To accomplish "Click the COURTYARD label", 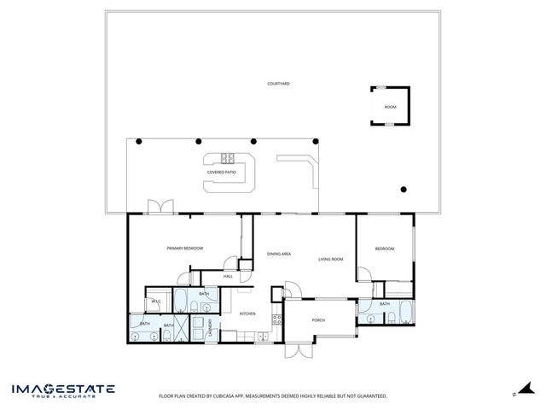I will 278,84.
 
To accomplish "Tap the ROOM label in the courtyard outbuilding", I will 390,107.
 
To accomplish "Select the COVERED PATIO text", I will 222,172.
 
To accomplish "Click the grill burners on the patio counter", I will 228,157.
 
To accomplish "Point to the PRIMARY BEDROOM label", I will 185,248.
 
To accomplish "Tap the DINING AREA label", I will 279,254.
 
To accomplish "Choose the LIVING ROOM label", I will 331,259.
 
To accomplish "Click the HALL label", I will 228,276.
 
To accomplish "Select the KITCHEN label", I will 247,313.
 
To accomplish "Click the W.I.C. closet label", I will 156,302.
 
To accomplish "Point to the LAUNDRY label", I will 209,328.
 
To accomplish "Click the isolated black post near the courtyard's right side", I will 404,189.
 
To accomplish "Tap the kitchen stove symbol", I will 276,320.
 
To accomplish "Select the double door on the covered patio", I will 160,208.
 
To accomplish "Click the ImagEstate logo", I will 63,390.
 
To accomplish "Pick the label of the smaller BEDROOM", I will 385,249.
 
